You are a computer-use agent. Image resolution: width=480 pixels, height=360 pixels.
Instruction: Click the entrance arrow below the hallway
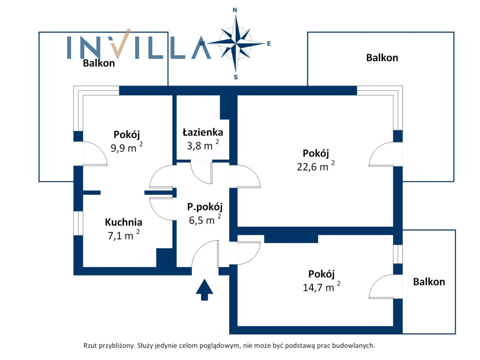pyautogui.click(x=204, y=289)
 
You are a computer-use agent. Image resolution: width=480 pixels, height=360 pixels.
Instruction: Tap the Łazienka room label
pyautogui.click(x=203, y=132)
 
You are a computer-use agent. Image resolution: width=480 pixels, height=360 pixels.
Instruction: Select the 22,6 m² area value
pyautogui.click(x=316, y=166)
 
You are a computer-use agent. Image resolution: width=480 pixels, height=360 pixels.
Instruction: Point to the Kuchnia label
pyautogui.click(x=124, y=222)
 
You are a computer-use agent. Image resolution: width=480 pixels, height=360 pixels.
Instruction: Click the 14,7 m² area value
pyautogui.click(x=322, y=287)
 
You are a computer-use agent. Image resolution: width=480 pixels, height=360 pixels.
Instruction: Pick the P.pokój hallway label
pyautogui.click(x=205, y=207)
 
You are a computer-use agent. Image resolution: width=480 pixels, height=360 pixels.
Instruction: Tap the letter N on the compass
pyautogui.click(x=235, y=10)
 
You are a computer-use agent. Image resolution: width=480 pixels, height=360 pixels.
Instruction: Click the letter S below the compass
pyautogui.click(x=236, y=77)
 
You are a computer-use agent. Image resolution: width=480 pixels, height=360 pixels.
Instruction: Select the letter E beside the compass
pyautogui.click(x=269, y=44)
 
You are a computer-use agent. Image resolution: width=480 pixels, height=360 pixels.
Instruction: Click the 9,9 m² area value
pyautogui.click(x=127, y=147)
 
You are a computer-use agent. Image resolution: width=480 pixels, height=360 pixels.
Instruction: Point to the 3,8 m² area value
pyautogui.click(x=203, y=145)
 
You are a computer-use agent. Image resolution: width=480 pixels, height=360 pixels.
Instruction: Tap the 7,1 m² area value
pyautogui.click(x=124, y=235)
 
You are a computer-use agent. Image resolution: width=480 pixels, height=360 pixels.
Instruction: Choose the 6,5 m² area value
pyautogui.click(x=205, y=220)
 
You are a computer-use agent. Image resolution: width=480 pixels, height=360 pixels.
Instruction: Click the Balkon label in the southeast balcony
pyautogui.click(x=429, y=282)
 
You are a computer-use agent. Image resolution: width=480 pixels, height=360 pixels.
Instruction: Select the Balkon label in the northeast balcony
pyautogui.click(x=382, y=58)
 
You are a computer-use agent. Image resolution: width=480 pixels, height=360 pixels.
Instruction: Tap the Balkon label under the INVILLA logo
pyautogui.click(x=99, y=63)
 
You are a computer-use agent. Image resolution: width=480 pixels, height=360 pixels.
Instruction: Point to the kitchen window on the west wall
pyautogui.click(x=78, y=223)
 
